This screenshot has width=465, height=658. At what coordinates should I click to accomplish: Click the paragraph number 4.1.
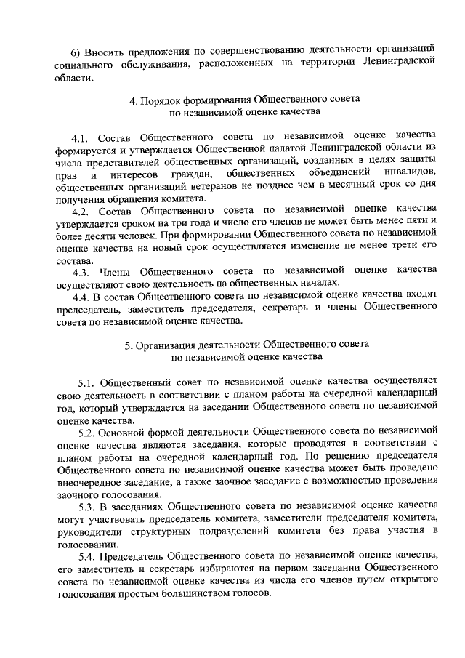point(81,137)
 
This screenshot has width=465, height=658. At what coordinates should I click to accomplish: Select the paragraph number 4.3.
point(81,270)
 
